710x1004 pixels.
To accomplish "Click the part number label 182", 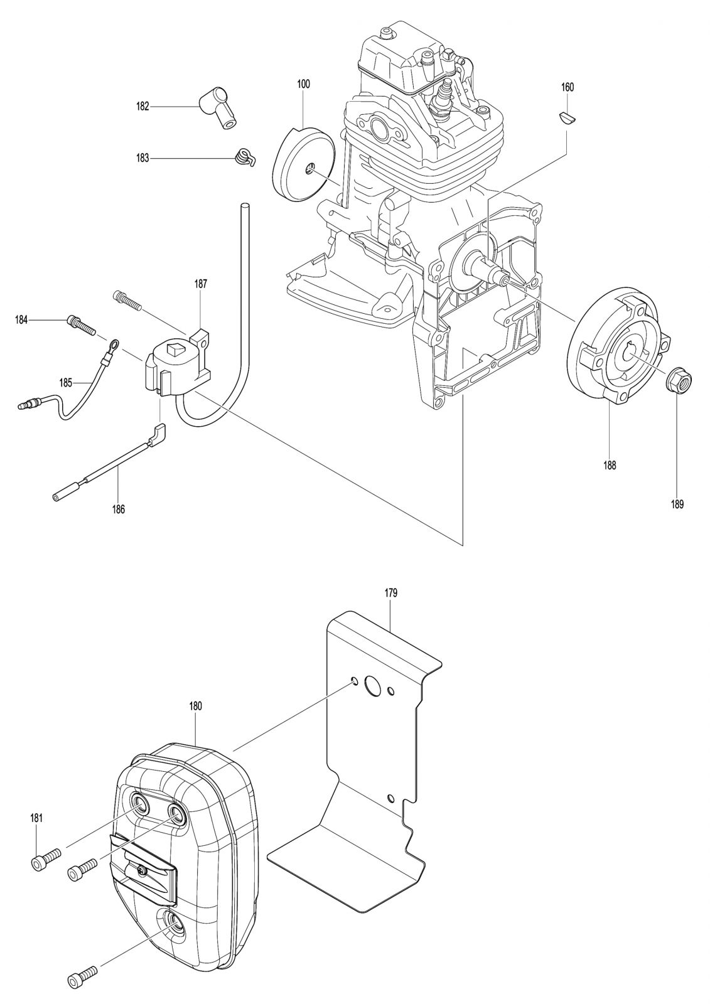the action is (143, 107).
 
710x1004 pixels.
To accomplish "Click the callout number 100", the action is (303, 84).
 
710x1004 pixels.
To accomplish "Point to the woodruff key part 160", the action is (568, 117).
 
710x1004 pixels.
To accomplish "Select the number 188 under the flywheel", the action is (610, 465).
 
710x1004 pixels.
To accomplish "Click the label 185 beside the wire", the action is (66, 383).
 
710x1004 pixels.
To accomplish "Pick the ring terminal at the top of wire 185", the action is (113, 344).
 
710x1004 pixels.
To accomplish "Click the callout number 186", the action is (119, 509).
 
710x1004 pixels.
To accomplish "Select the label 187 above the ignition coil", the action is (200, 284).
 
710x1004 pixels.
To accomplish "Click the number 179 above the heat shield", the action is (390, 593).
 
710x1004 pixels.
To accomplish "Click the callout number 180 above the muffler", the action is (196, 706).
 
